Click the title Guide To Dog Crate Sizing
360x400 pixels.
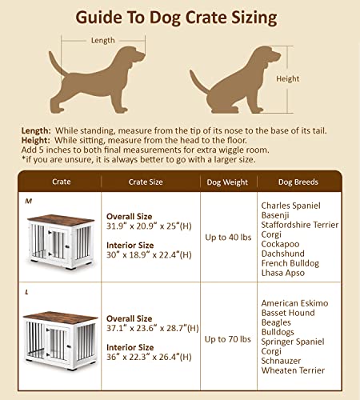(180, 17)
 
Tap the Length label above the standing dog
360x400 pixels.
(102, 40)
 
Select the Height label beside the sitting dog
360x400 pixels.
(287, 78)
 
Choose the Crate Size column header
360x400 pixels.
(146, 182)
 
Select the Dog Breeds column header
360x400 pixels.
(298, 182)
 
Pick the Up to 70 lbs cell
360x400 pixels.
(228, 339)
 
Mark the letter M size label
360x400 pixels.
(28, 201)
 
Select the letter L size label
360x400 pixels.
(26, 292)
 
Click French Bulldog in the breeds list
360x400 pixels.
(290, 263)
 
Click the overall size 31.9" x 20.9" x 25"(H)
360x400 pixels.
(149, 226)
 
